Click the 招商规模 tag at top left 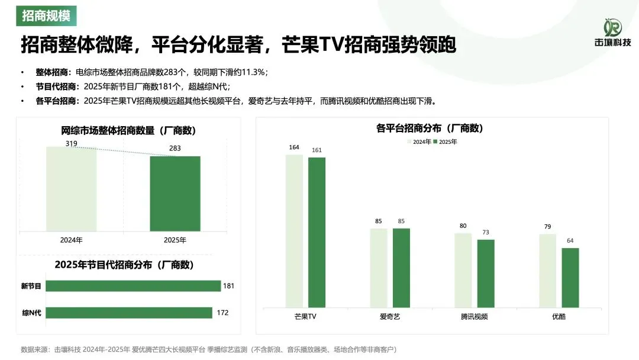pos(46,15)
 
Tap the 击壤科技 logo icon pos(612,27)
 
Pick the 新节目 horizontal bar pos(133,286)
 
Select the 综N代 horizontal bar pos(128,313)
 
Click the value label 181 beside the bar pos(229,286)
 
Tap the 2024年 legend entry pos(419,142)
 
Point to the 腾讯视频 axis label pos(475,317)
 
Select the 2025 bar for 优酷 pos(570,277)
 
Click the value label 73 pos(486,233)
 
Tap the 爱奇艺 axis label pos(390,317)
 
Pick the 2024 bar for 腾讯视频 pos(463,270)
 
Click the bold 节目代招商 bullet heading pos(52,86)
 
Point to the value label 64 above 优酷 pos(570,240)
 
